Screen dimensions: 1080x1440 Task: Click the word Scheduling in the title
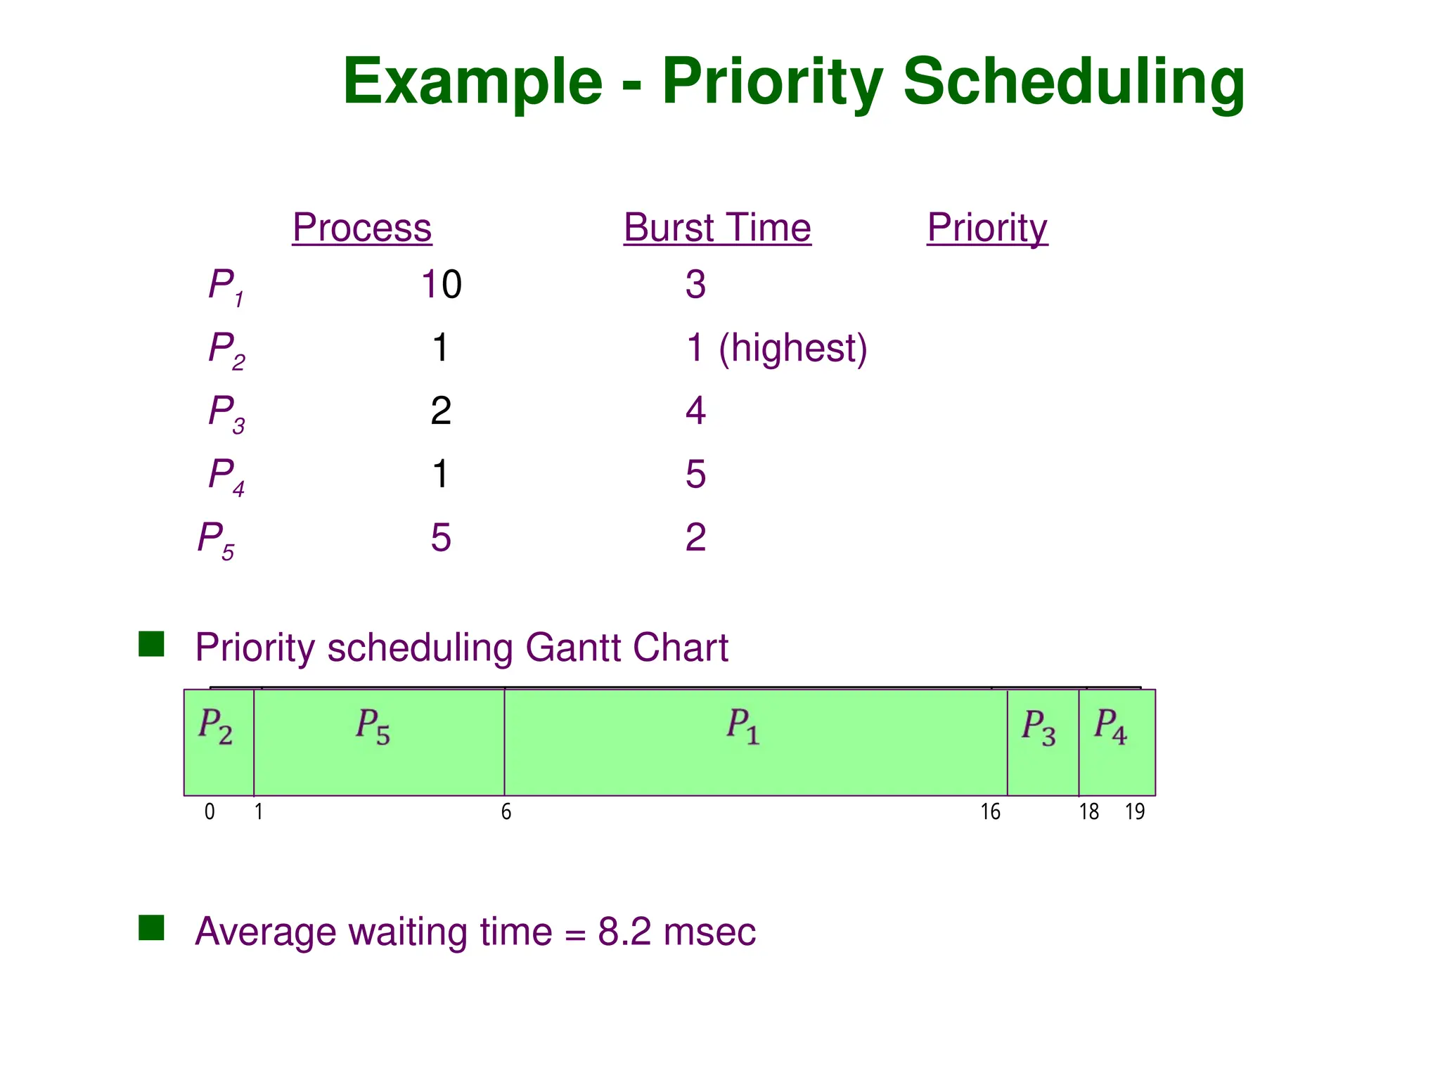tap(1073, 83)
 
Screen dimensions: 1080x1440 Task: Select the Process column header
tap(361, 228)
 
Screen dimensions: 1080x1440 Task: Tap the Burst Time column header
tap(717, 228)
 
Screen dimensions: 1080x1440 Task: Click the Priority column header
tap(987, 228)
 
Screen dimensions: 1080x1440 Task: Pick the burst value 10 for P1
tap(441, 285)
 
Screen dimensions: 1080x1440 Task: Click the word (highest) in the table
tap(792, 348)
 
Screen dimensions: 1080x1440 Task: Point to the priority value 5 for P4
tap(695, 475)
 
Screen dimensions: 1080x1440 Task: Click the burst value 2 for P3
tap(441, 411)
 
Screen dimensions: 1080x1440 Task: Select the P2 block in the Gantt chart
tap(218, 742)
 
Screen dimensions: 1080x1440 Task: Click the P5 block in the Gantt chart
tap(378, 742)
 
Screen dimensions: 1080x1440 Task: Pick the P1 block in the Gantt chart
tap(755, 742)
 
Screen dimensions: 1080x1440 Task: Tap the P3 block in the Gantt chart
tap(1043, 742)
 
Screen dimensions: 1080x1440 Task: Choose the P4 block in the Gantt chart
tap(1117, 742)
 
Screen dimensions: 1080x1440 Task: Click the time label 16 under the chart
tap(990, 813)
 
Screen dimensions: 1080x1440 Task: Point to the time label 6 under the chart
tap(506, 813)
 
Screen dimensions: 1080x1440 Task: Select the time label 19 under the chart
tap(1135, 813)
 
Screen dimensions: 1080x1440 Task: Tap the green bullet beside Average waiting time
tap(151, 928)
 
